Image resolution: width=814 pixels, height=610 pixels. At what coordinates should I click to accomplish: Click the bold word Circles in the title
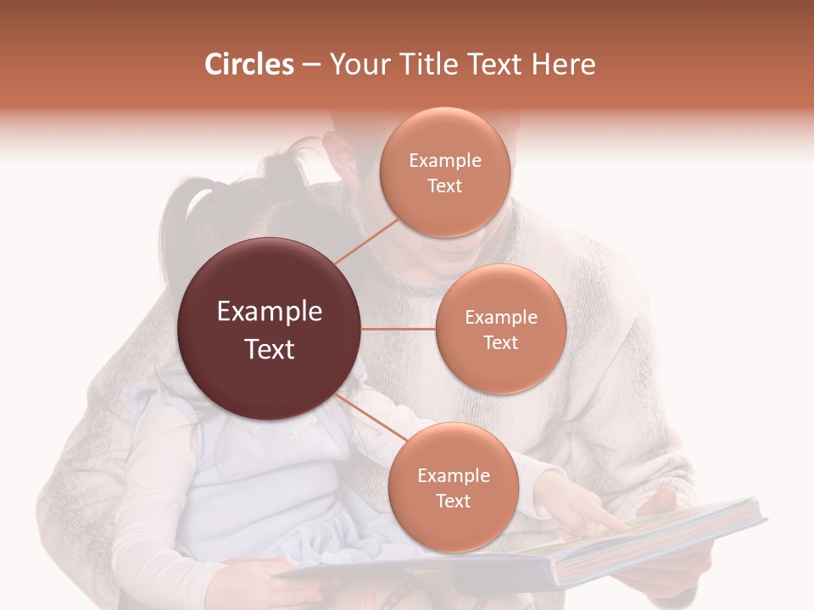(249, 64)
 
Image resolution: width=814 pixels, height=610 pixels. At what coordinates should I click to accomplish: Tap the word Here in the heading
(564, 64)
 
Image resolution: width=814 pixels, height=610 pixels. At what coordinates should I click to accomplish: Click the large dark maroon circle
(270, 329)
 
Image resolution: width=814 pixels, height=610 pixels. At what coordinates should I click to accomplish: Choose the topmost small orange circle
(445, 172)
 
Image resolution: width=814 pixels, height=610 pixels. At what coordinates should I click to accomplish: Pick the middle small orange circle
(500, 329)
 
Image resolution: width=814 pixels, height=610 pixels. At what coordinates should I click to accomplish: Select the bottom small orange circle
(453, 487)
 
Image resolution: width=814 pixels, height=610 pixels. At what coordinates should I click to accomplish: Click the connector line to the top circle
(366, 241)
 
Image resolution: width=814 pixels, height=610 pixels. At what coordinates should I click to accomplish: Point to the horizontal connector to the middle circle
(399, 329)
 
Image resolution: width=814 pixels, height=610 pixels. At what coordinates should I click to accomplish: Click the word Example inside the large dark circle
(270, 312)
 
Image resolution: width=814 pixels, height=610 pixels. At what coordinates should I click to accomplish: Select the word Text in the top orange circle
(445, 186)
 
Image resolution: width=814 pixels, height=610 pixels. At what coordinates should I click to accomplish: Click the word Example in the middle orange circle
(500, 317)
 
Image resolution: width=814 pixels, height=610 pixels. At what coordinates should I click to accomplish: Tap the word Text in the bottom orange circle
(453, 501)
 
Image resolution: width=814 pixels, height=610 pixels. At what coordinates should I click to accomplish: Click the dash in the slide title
(310, 65)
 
